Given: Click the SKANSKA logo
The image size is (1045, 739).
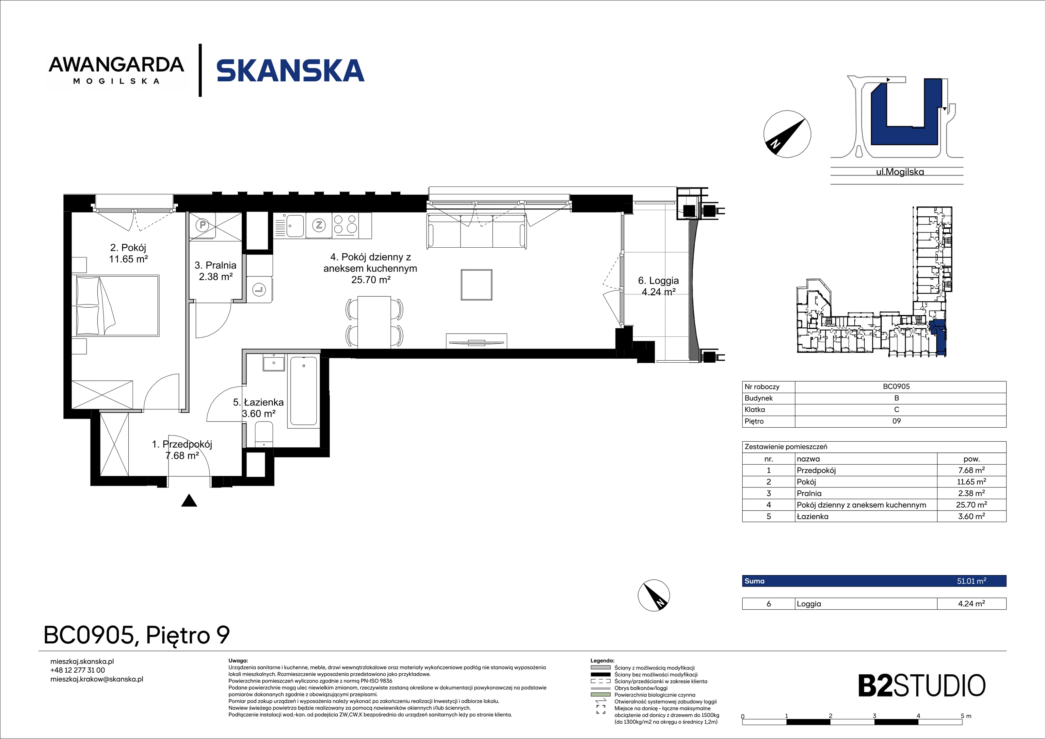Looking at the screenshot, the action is point(290,71).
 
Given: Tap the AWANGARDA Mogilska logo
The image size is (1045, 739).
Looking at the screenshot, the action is point(117,70).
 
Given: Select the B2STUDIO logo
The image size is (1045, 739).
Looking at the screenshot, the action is point(922,686).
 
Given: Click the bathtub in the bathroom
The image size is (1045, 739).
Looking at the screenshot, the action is point(303,391).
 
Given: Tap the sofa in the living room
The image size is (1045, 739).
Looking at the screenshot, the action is point(476,231).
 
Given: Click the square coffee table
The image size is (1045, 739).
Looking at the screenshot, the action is point(476,285).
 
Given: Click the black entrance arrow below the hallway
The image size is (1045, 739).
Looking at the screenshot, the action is point(189,501).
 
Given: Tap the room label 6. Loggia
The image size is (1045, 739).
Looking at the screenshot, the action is point(659,286).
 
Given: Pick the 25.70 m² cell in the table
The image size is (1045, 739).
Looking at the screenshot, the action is point(971,504).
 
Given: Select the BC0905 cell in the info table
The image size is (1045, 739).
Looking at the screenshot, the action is point(896,386).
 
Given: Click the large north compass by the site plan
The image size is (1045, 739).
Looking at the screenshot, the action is point(787,134).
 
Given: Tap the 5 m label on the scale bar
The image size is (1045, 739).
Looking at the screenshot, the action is point(966,716).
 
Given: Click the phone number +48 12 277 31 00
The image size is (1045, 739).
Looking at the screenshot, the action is point(77,670).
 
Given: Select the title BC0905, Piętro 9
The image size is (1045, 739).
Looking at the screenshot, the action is point(137,635).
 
